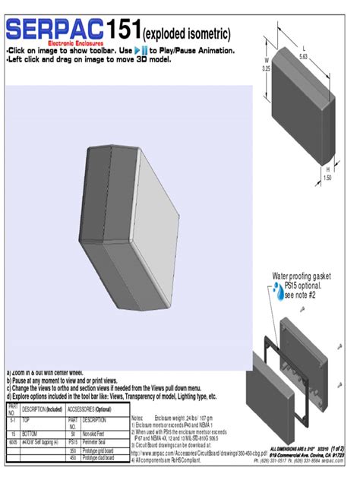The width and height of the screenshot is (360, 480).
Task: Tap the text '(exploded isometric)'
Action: [x=186, y=34]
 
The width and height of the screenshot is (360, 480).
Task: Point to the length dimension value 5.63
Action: [x=303, y=56]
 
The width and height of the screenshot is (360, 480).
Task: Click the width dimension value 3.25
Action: [x=266, y=68]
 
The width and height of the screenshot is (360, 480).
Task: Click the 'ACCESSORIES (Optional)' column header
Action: [x=91, y=409]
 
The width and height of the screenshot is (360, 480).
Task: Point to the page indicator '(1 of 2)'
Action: [x=337, y=450]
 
